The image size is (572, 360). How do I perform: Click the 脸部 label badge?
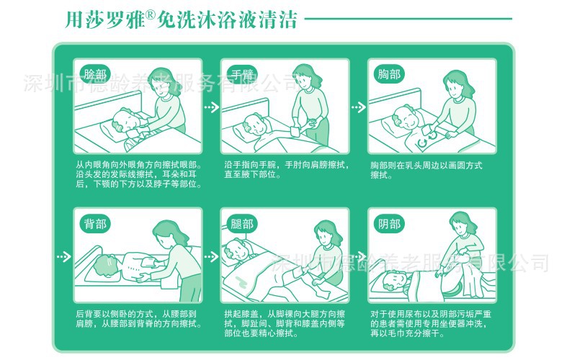tap(95, 74)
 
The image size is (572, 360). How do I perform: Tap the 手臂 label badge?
tap(242, 74)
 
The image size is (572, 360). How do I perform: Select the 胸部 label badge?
tap(389, 74)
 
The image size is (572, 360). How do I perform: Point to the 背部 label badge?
tap(95, 224)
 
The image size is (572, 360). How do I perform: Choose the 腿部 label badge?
tap(242, 224)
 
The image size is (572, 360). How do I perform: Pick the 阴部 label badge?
tap(389, 224)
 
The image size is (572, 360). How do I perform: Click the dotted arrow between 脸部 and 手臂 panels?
tap(212, 107)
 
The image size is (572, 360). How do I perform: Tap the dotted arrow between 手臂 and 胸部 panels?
tap(359, 107)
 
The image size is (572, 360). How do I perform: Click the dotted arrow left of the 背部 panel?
tap(64, 257)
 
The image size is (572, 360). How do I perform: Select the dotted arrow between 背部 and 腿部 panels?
tap(212, 257)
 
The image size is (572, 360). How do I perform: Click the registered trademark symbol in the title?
tap(151, 15)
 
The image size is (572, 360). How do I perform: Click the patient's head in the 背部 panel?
tap(106, 265)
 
